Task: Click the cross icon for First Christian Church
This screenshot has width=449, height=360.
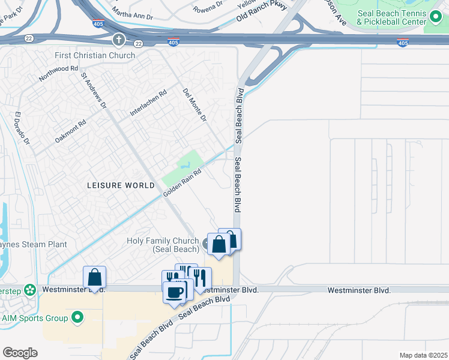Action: (x=119, y=40)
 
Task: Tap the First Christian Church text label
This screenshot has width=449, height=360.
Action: (x=95, y=55)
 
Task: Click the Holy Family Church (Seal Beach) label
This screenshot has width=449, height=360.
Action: (x=163, y=245)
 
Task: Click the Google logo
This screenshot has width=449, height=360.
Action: (x=20, y=353)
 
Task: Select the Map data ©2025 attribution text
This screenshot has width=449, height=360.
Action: (x=423, y=355)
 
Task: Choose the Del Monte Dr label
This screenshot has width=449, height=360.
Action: (x=194, y=105)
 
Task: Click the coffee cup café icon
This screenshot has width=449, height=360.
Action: (x=175, y=292)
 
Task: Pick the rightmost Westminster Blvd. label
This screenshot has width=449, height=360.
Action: (x=359, y=290)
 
